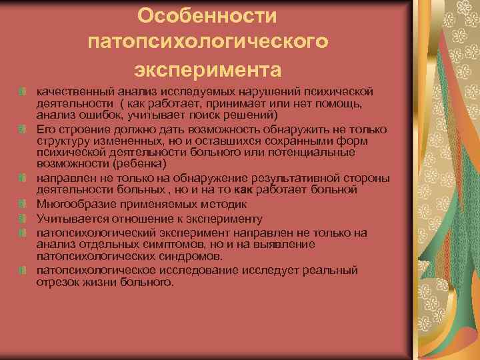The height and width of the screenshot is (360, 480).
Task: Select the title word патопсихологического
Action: tap(207, 42)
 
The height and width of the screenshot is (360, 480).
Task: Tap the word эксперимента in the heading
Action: tap(207, 69)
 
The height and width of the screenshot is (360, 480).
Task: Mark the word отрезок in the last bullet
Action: tap(57, 282)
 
